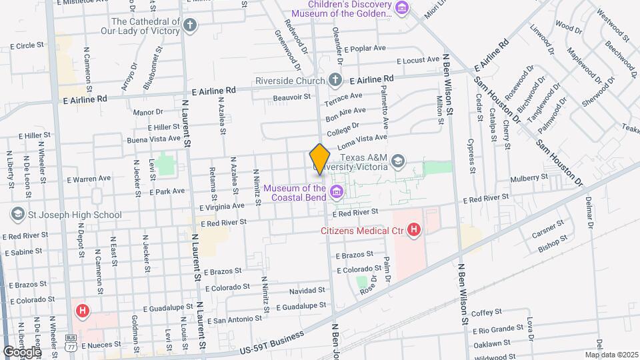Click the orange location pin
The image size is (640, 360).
click(319, 159)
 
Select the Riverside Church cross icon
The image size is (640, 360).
click(335, 81)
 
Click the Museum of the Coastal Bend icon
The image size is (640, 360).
click(337, 193)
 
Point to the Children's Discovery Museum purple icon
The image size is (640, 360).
click(401, 9)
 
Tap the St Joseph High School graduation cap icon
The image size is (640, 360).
click(17, 215)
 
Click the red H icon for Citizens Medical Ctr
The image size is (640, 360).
click(414, 231)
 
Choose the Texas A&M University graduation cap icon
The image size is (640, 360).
click(398, 160)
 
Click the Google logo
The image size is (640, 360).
click(21, 351)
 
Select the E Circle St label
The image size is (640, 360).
click(27, 45)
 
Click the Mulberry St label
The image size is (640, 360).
click(528, 178)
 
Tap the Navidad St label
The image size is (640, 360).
click(307, 291)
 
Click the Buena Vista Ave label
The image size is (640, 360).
click(154, 140)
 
